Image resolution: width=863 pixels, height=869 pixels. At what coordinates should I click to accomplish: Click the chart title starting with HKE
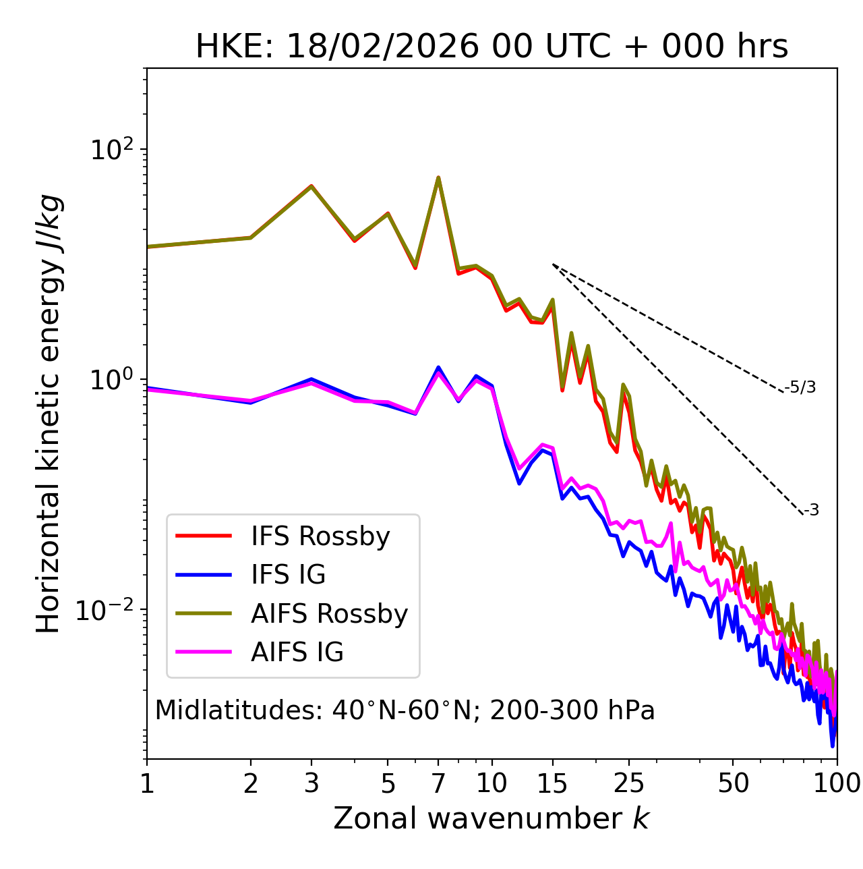492,47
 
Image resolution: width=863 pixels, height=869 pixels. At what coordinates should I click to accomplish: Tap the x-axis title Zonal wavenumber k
491,818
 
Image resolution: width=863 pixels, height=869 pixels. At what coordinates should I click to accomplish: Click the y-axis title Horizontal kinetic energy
49,414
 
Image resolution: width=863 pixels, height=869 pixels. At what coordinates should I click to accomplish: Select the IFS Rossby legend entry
320,536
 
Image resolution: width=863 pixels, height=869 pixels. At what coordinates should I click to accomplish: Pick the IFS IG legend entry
288,575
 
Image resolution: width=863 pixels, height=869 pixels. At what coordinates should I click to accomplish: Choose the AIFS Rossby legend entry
329,614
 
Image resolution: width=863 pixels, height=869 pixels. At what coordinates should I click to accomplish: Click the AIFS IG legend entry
297,652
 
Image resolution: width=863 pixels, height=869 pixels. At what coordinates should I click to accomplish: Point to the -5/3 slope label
800,388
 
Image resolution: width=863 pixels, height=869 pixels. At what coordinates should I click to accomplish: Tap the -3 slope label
811,511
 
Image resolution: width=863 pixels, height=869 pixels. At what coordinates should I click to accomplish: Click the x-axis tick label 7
438,784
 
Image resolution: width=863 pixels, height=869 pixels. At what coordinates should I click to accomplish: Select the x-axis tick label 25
629,784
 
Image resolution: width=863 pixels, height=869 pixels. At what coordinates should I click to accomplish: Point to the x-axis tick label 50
733,784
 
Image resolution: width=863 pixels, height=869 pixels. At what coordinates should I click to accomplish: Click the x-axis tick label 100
836,784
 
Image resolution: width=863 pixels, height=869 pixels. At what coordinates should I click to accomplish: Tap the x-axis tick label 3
311,784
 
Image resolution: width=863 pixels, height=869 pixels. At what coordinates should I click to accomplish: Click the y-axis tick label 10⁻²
108,610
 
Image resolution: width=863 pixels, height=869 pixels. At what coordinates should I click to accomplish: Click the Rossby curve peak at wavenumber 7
438,178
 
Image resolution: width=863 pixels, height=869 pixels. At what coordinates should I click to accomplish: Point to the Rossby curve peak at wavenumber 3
311,186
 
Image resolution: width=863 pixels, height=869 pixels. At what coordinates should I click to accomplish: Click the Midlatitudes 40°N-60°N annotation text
405,710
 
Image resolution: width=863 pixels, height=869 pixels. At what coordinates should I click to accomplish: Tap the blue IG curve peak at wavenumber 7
438,368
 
